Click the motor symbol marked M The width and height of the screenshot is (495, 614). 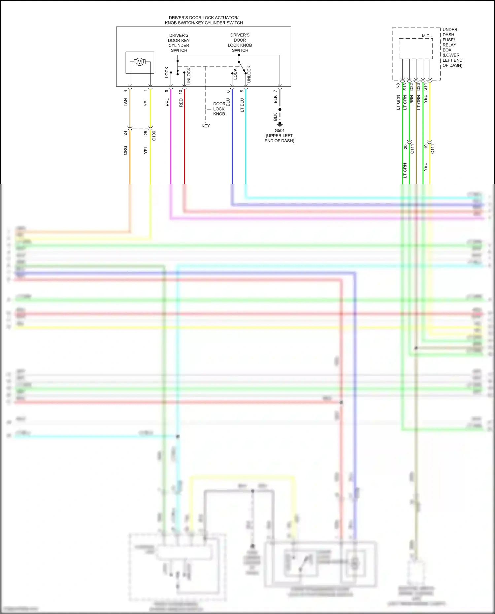pyautogui.click(x=140, y=62)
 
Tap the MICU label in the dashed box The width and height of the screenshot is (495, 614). pyautogui.click(x=427, y=36)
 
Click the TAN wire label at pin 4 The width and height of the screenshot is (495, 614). pyautogui.click(x=125, y=102)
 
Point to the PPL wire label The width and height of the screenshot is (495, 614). pyautogui.click(x=167, y=102)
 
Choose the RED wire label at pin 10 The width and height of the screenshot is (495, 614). pyautogui.click(x=181, y=103)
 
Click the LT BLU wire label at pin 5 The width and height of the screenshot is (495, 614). pyautogui.click(x=242, y=105)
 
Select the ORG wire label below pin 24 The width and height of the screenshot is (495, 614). pyautogui.click(x=125, y=150)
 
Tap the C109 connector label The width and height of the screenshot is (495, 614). pyautogui.click(x=154, y=136)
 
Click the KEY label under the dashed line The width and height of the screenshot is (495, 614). pyautogui.click(x=206, y=126)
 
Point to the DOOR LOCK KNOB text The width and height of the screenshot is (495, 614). pyautogui.click(x=219, y=109)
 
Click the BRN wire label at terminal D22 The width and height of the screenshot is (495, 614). pyautogui.click(x=412, y=99)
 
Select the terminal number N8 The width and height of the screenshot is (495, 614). pyautogui.click(x=398, y=86)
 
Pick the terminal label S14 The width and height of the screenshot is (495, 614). pyautogui.click(x=425, y=87)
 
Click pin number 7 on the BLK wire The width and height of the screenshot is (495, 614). pyautogui.click(x=275, y=91)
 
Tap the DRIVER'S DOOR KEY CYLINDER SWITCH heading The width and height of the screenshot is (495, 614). pyautogui.click(x=179, y=43)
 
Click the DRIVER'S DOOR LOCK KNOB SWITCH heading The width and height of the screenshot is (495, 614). pyautogui.click(x=240, y=43)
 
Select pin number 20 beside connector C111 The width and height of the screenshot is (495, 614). pyautogui.click(x=406, y=147)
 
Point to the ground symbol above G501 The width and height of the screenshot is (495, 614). pyautogui.click(x=280, y=124)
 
